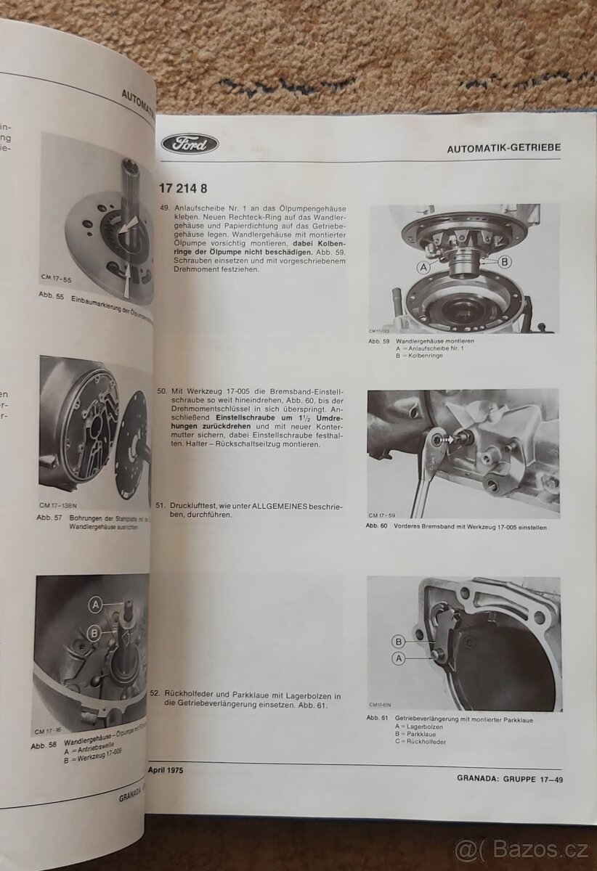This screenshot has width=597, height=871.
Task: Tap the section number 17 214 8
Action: pyautogui.click(x=184, y=189)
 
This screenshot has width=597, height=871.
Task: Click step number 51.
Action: pyautogui.click(x=165, y=505)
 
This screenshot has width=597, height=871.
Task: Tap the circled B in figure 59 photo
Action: pyautogui.click(x=505, y=261)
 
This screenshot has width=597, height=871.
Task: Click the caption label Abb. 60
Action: pyautogui.click(x=378, y=528)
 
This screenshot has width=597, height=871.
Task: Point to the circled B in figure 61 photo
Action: pyautogui.click(x=397, y=641)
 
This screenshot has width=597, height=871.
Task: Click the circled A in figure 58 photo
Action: pyautogui.click(x=94, y=603)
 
